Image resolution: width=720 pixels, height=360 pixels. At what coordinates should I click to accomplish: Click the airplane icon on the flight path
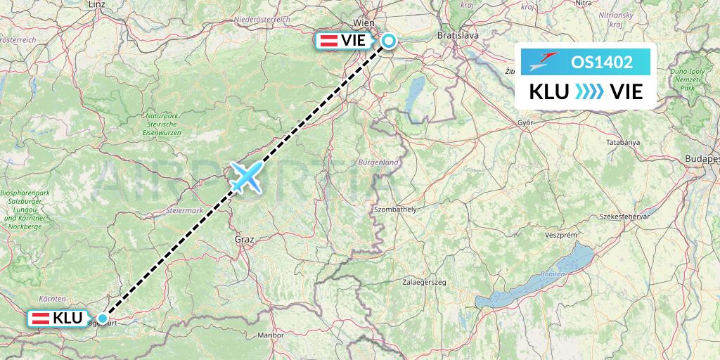click(x=245, y=176)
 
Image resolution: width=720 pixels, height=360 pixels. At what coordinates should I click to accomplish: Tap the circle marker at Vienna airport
click(x=388, y=41)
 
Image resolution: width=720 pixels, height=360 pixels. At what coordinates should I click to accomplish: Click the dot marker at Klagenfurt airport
click(x=103, y=319)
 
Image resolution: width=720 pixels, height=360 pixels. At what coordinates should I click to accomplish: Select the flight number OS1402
click(x=601, y=62)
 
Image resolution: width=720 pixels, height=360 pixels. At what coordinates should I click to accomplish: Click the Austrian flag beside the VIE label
click(x=328, y=41)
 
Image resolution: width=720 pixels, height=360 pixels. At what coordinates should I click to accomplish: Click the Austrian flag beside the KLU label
click(x=41, y=319)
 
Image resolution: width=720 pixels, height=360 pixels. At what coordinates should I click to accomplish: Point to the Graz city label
click(x=245, y=239)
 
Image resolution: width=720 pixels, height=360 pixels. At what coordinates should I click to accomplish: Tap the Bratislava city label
click(x=458, y=34)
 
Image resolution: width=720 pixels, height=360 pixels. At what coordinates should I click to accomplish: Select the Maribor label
click(x=271, y=335)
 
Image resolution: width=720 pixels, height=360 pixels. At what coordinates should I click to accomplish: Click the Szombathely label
click(x=395, y=210)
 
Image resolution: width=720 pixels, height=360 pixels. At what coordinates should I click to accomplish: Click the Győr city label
click(x=526, y=122)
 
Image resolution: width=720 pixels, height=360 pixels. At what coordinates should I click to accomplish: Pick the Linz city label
click(x=97, y=4)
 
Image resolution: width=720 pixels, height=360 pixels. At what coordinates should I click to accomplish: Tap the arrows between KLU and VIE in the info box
click(x=589, y=91)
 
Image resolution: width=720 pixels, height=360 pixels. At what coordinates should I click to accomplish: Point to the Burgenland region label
click(x=378, y=162)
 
